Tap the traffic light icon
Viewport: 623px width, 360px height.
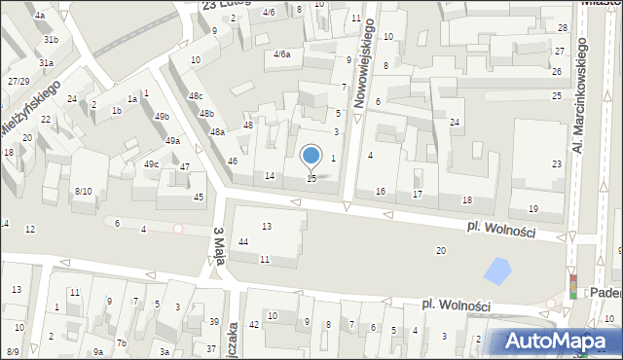[x=573, y=284]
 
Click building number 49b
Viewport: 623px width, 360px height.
[x=162, y=117]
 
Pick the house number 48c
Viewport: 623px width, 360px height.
[x=196, y=96]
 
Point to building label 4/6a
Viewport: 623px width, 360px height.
[x=282, y=54]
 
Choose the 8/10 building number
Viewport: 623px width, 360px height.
[x=83, y=191]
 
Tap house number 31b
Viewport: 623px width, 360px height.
[x=51, y=40]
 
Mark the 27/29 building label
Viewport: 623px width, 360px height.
[x=18, y=81]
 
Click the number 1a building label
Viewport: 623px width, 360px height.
[x=132, y=99]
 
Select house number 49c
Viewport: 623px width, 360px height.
[x=152, y=164]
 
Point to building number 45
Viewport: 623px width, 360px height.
[x=199, y=198]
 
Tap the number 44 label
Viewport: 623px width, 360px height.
[x=242, y=241]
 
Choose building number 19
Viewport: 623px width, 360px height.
[x=532, y=209]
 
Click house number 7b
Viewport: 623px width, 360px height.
[x=122, y=343]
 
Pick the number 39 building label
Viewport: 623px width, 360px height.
[x=213, y=322]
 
